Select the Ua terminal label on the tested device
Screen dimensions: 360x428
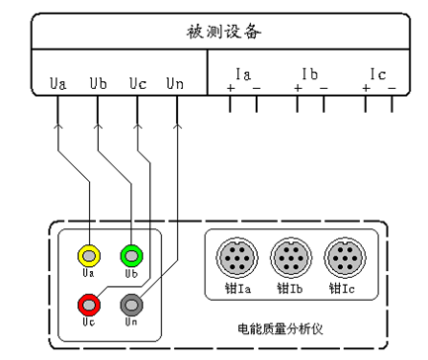pyautogui.click(x=58, y=83)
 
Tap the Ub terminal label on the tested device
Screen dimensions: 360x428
pyautogui.click(x=98, y=83)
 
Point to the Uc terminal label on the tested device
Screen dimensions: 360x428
pyautogui.click(x=137, y=83)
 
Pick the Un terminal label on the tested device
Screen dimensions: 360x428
pyautogui.click(x=175, y=83)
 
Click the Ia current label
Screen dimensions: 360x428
pyautogui.click(x=243, y=74)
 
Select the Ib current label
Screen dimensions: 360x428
pyautogui.click(x=309, y=74)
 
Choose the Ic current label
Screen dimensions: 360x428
pyautogui.click(x=378, y=74)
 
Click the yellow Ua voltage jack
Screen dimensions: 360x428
pyautogui.click(x=88, y=254)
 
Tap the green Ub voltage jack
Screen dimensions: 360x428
pyautogui.click(x=130, y=254)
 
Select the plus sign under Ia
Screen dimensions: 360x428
pyautogui.click(x=230, y=90)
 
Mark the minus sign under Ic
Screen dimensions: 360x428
pyautogui.click(x=392, y=90)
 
